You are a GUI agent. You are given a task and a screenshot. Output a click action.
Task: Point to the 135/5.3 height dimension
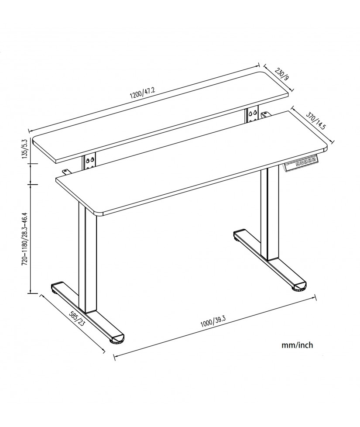click(25, 149)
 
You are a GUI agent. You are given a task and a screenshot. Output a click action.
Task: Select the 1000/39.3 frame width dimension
click(213, 322)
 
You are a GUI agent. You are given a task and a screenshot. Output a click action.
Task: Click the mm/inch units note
click(297, 345)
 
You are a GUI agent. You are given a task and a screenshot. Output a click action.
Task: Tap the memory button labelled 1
click(305, 164)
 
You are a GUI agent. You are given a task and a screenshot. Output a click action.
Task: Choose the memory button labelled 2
click(309, 163)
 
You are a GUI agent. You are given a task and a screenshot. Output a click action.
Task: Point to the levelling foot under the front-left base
click(117, 341)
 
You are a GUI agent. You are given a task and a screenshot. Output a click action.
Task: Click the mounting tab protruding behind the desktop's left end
click(66, 172)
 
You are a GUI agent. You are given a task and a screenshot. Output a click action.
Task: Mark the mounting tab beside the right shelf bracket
click(266, 114)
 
